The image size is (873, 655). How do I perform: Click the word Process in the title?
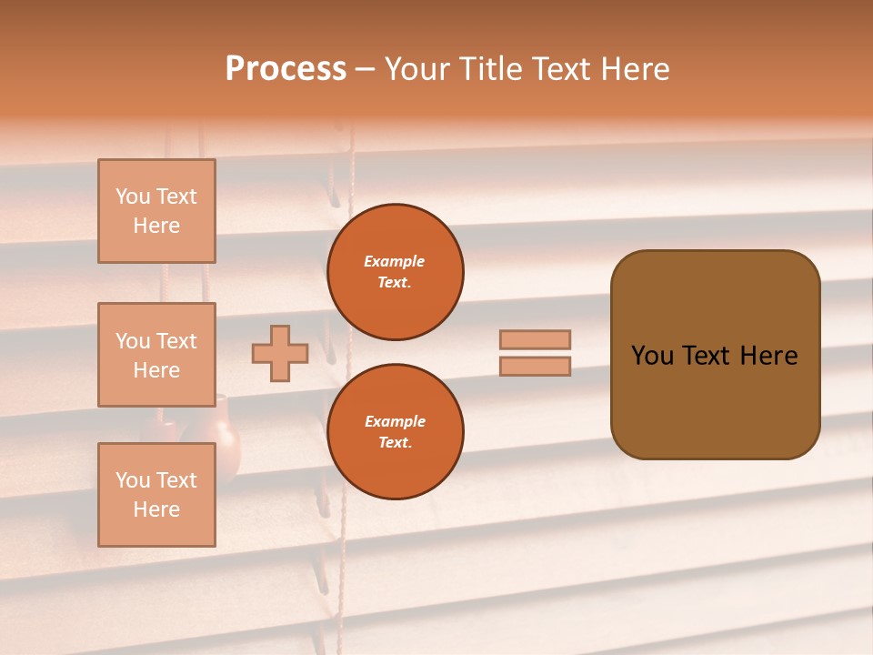[286, 69]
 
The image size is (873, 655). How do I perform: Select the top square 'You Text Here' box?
[156, 211]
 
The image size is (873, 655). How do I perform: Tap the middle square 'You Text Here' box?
[156, 355]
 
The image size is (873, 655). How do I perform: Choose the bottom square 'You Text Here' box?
[156, 495]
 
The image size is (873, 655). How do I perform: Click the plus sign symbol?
[280, 353]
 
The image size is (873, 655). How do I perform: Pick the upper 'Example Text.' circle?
[396, 272]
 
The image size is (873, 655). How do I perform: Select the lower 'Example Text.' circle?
[396, 432]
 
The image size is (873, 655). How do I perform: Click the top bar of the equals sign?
[535, 339]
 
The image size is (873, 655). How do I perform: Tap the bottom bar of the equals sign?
[535, 367]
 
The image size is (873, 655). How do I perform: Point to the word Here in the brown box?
[768, 356]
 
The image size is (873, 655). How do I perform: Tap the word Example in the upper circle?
[395, 261]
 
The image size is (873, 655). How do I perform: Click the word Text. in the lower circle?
[395, 443]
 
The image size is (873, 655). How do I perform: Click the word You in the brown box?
[652, 356]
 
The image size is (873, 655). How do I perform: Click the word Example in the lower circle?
[395, 421]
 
